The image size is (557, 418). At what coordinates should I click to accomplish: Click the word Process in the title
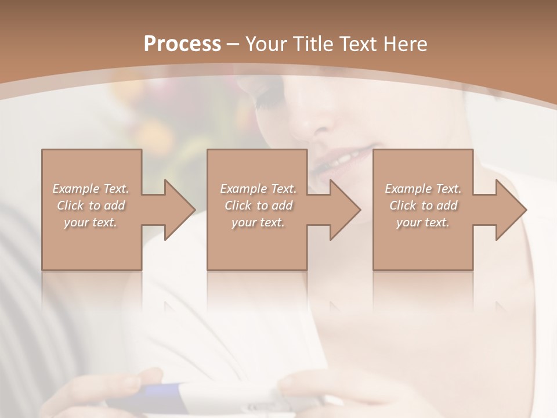[182, 44]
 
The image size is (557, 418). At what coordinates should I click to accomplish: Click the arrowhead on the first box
[178, 210]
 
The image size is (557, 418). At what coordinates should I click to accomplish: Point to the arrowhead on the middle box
[343, 210]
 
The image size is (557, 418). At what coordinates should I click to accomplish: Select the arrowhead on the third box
[509, 210]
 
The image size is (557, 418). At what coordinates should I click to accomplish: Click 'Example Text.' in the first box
[91, 189]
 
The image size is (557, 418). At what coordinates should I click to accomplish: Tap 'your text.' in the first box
[91, 222]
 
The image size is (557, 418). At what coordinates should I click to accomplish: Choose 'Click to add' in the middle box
[258, 206]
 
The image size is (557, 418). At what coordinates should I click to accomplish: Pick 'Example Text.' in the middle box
[258, 189]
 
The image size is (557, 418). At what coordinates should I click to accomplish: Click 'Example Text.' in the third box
[423, 189]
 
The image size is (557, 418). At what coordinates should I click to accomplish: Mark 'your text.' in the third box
[423, 222]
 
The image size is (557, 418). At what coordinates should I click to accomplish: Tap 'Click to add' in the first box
[91, 206]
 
